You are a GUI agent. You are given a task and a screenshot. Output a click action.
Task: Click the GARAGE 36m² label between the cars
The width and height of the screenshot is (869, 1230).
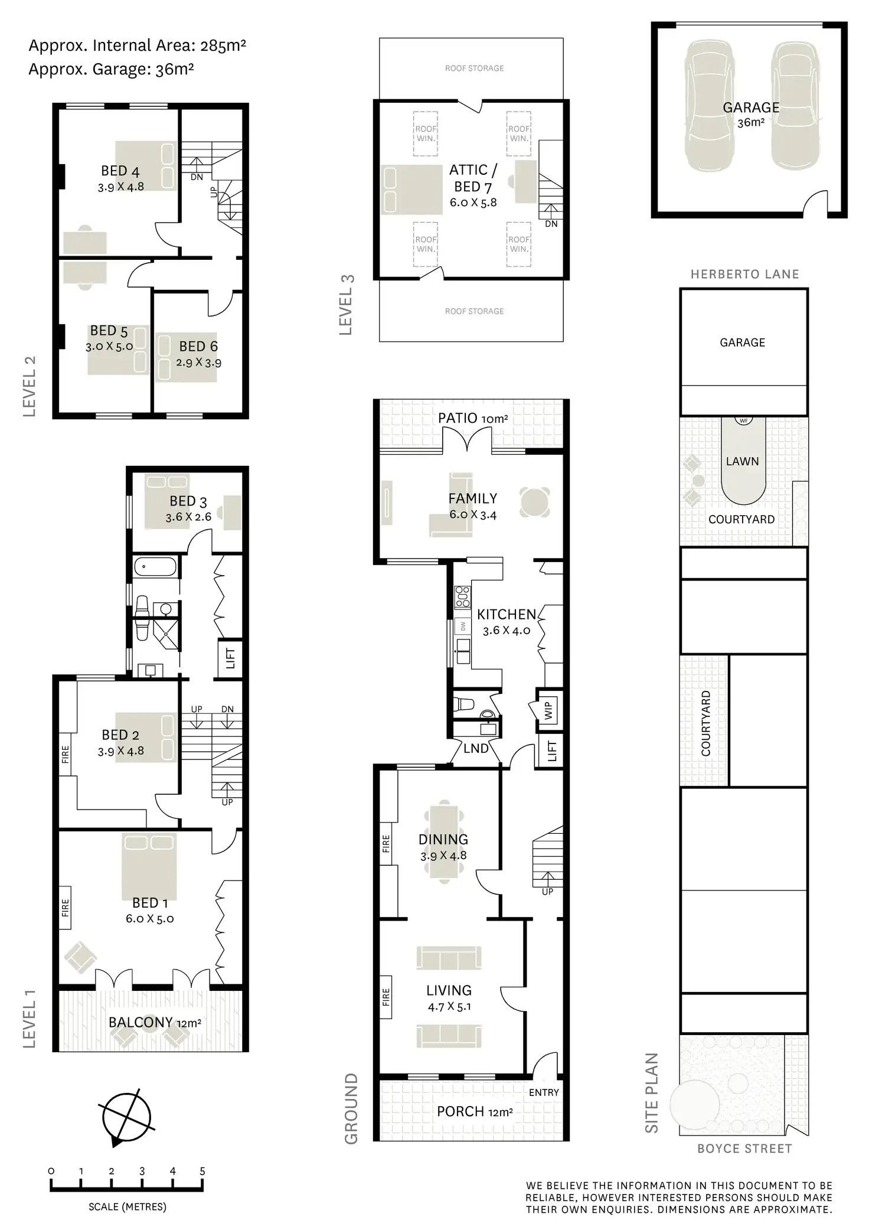751,115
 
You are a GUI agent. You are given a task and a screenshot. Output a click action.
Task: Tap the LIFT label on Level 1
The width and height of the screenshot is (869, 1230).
231,658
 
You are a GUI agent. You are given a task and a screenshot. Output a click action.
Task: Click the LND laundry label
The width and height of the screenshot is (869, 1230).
476,749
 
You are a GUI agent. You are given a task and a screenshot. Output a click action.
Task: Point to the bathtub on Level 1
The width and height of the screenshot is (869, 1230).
155,568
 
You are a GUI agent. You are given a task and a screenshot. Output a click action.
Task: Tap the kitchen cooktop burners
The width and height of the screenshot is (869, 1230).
462,596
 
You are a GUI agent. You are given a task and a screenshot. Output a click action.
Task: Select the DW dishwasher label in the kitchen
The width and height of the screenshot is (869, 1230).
463,627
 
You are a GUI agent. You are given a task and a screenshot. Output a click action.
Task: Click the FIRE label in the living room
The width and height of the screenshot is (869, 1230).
386,997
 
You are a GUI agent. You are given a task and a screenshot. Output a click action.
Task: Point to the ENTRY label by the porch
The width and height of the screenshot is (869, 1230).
544,1092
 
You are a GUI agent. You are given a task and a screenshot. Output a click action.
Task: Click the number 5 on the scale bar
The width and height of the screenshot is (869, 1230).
202,1171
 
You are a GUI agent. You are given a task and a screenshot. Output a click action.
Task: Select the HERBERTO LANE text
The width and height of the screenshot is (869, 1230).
744,274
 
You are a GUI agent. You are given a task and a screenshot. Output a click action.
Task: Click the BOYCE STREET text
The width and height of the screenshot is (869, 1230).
744,1149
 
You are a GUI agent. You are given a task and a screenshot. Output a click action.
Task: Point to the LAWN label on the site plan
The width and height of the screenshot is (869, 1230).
742,461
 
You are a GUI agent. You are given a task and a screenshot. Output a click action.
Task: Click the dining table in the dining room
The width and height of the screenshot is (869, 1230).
443,844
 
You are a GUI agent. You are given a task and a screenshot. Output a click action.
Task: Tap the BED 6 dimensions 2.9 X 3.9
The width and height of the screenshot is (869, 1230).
198,363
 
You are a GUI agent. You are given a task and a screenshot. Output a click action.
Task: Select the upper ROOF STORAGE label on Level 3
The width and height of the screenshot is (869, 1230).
474,68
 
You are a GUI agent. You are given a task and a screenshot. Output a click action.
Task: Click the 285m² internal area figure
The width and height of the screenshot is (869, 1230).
223,45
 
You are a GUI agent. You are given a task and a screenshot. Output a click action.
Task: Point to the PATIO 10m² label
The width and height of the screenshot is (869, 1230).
472,418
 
